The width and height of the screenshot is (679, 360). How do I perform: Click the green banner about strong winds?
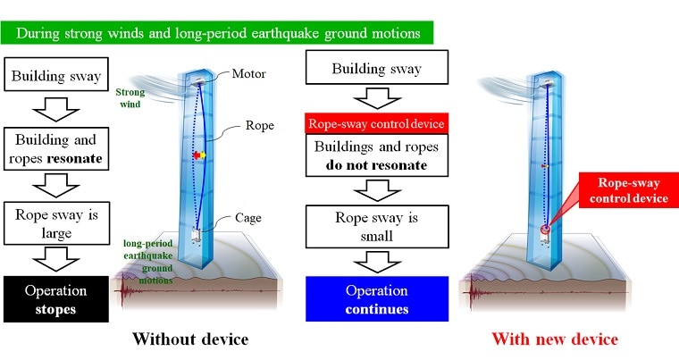coord(216,33)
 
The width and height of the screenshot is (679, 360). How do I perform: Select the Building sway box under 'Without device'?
coord(56,74)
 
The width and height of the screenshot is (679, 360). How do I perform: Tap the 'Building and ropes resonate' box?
coord(56,148)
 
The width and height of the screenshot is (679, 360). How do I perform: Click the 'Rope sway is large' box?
coord(56,223)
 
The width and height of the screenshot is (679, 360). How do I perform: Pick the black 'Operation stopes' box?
coord(56,299)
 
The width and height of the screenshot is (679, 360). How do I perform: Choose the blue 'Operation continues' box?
coord(377,299)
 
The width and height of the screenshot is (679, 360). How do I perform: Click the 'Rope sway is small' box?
coord(377,227)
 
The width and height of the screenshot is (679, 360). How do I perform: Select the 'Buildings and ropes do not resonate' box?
coord(377,155)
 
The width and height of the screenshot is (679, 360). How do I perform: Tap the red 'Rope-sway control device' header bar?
coord(377,124)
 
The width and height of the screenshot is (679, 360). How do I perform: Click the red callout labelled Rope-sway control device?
coord(628,190)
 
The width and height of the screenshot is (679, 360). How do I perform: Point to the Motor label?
coord(248,73)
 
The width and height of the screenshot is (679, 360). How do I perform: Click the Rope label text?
coord(260,126)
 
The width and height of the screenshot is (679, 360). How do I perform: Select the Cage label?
coord(247,218)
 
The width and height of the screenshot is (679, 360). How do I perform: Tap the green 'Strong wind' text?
coord(130,98)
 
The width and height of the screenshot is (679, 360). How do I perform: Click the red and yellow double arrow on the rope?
coord(199,155)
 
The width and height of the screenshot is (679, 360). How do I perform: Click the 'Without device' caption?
coord(190,339)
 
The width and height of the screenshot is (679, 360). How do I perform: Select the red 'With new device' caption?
coord(555,339)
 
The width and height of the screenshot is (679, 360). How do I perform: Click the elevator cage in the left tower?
coord(197,236)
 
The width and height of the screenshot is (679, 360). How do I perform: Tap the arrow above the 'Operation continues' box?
coord(377,262)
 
